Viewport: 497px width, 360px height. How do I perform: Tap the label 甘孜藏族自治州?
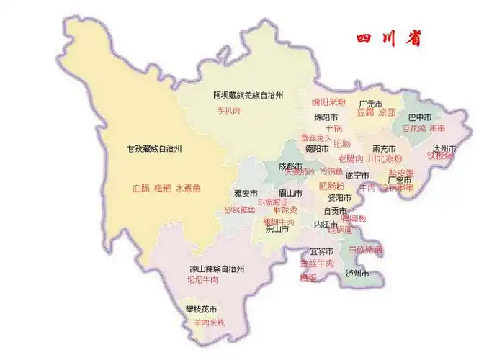point(152,149)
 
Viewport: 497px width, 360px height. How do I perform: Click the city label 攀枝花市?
point(201,310)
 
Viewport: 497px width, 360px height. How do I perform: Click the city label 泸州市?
point(357,274)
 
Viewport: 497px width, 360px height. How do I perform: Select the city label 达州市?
point(442,149)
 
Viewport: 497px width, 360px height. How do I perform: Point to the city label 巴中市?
point(420,117)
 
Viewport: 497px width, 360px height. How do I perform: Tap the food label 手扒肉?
point(228,112)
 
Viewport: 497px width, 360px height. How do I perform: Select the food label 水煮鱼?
point(189,189)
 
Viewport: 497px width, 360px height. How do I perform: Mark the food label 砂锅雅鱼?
point(239,210)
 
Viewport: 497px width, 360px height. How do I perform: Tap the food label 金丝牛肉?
point(317,264)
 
